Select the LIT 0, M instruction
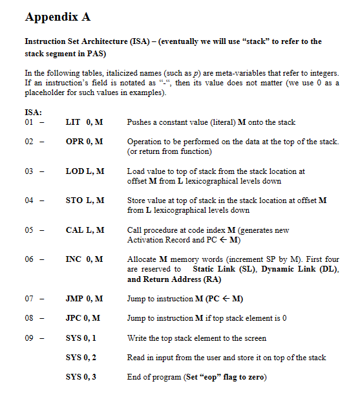(85, 122)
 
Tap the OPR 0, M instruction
(85, 141)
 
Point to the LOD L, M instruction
(85, 171)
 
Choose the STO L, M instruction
(85, 200)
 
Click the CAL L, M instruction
(85, 230)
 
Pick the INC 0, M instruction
(85, 259)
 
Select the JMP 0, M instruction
(85, 299)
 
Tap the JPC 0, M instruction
(84, 318)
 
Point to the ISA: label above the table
(33, 112)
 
